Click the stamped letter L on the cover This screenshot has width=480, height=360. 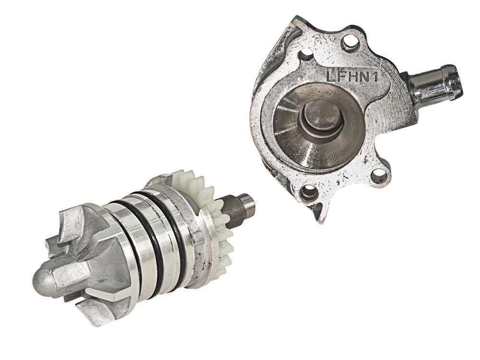pos(331,76)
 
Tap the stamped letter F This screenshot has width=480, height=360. pos(341,76)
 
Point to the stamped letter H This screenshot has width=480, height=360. pos(352,76)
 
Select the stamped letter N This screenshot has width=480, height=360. pos(363,77)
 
